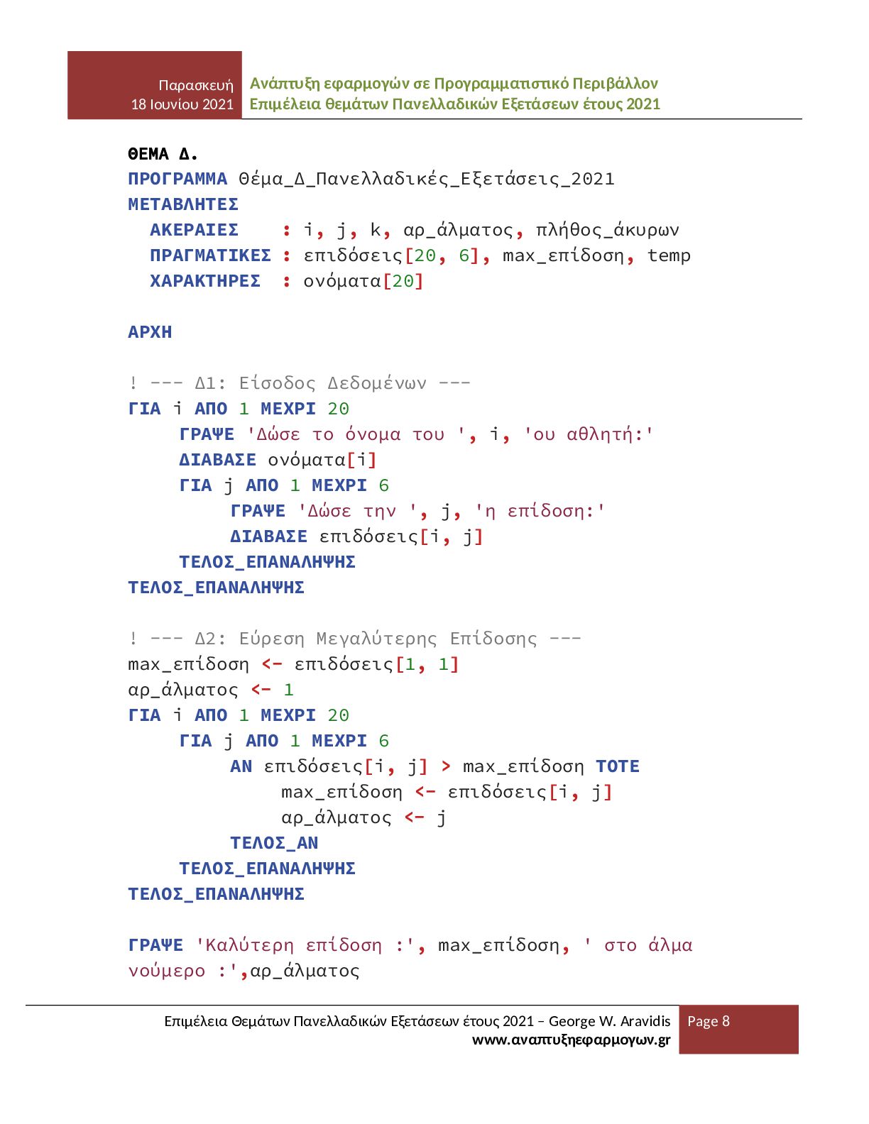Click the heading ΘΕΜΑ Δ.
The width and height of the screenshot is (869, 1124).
pyautogui.click(x=163, y=154)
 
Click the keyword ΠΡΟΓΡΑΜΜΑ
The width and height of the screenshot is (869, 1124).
pyautogui.click(x=177, y=179)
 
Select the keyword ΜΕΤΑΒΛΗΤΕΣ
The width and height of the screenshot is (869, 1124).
pyautogui.click(x=183, y=204)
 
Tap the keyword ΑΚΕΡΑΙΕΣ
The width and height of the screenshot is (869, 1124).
pyautogui.click(x=194, y=230)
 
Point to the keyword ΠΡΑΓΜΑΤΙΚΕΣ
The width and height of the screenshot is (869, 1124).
pyautogui.click(x=210, y=255)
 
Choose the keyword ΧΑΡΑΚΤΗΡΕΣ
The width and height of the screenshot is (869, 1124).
pyautogui.click(x=205, y=281)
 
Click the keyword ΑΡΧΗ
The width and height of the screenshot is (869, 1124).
pyautogui.click(x=150, y=332)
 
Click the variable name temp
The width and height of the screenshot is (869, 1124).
pyautogui.click(x=669, y=255)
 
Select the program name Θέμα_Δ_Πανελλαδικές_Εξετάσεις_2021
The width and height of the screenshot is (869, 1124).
pyautogui.click(x=426, y=179)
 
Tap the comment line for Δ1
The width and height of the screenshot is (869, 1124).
pyautogui.click(x=299, y=383)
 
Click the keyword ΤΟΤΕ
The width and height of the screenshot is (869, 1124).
pyautogui.click(x=618, y=766)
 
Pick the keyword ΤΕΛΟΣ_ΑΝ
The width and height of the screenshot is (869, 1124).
pyautogui.click(x=274, y=843)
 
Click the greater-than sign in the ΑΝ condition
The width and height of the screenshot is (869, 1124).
pyautogui.click(x=446, y=766)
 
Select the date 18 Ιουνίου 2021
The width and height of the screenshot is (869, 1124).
pyautogui.click(x=182, y=104)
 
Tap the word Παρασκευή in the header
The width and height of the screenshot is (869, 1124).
pyautogui.click(x=196, y=85)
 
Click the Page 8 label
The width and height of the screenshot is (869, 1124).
pyautogui.click(x=709, y=1021)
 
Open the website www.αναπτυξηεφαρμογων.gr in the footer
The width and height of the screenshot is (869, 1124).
pyautogui.click(x=571, y=1040)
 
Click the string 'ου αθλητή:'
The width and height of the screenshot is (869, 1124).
pyautogui.click(x=589, y=434)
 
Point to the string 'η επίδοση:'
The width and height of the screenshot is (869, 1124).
pyautogui.click(x=540, y=511)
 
